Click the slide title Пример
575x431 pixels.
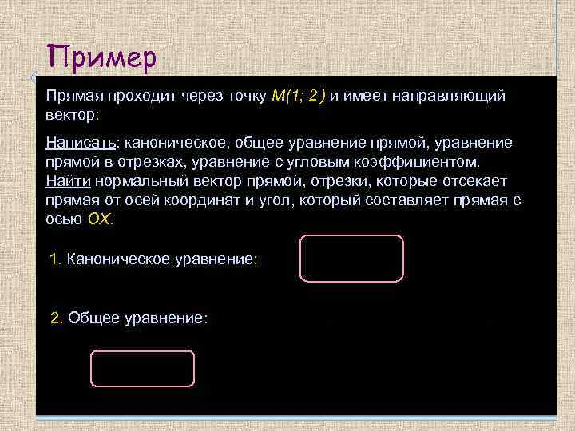pyautogui.click(x=101, y=57)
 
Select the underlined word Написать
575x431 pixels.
pyautogui.click(x=81, y=142)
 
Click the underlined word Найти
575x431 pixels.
pyautogui.click(x=68, y=181)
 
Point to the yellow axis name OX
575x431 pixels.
pyautogui.click(x=101, y=219)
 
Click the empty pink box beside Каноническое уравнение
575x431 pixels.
pyautogui.click(x=351, y=259)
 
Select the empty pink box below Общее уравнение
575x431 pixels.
pyautogui.click(x=142, y=368)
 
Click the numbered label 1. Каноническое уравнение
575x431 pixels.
pyautogui.click(x=153, y=259)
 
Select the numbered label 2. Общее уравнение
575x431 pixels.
pyautogui.click(x=129, y=318)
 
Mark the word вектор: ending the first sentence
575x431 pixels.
pyautogui.click(x=72, y=115)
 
